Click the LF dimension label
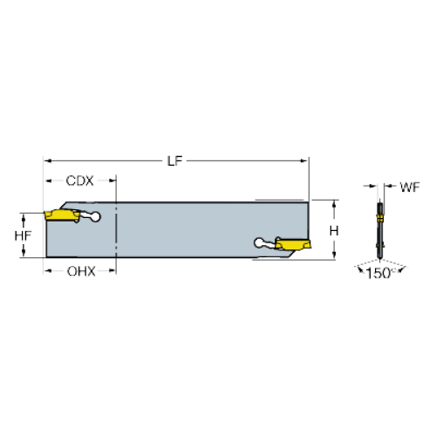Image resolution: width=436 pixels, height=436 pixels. point(174,161)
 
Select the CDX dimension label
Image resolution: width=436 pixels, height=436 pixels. point(79,181)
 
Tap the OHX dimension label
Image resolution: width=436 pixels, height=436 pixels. point(81,271)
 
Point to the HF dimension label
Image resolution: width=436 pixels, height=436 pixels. point(23,235)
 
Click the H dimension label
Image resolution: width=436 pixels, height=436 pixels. point(334,231)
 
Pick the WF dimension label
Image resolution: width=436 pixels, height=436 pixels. point(410,187)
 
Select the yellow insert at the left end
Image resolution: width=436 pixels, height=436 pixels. point(62,215)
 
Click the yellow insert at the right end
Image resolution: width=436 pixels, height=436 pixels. point(293,244)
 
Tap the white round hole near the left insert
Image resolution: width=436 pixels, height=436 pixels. point(95,217)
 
